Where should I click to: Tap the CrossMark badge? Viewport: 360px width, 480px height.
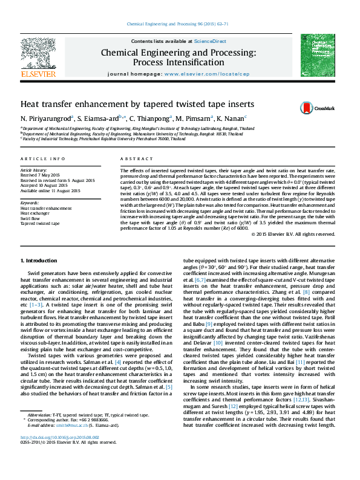tap(316, 108)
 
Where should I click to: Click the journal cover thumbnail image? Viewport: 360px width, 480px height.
tap(318, 55)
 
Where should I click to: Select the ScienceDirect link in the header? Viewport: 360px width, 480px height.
tap(210, 41)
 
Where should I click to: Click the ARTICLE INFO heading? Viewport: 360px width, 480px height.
tap(43, 159)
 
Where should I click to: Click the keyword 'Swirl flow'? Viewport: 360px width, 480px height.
tap(31, 218)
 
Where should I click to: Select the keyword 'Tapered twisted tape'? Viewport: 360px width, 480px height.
tap(40, 223)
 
